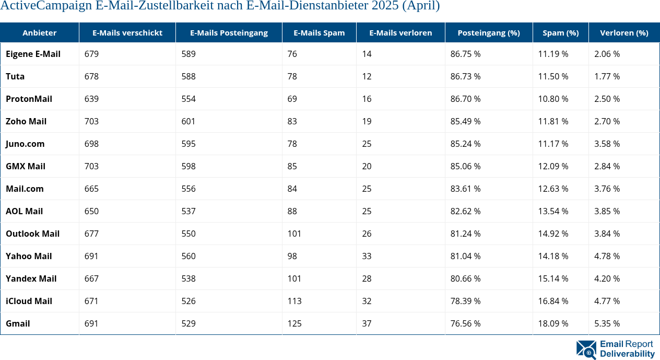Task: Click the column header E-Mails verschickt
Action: tap(127, 33)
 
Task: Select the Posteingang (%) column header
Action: tap(488, 33)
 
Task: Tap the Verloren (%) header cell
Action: tap(624, 33)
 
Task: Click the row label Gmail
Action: tap(18, 323)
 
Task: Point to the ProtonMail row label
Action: tap(29, 99)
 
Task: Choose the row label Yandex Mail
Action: tap(31, 278)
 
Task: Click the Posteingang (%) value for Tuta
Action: tap(465, 76)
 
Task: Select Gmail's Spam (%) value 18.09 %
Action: tap(553, 323)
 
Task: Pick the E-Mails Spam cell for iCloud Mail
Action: tap(294, 301)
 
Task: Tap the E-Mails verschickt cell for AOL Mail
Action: tap(91, 211)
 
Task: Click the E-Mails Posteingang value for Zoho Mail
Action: tap(188, 121)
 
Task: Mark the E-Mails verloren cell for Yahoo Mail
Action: tap(367, 256)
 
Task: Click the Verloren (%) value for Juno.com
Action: tap(607, 144)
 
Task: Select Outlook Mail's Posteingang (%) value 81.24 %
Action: tap(465, 234)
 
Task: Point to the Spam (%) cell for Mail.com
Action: tap(553, 189)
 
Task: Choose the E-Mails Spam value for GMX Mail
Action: tap(292, 166)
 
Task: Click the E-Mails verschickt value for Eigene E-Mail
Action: tap(91, 54)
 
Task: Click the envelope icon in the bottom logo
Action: tap(586, 349)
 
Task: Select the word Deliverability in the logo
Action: tap(627, 354)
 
